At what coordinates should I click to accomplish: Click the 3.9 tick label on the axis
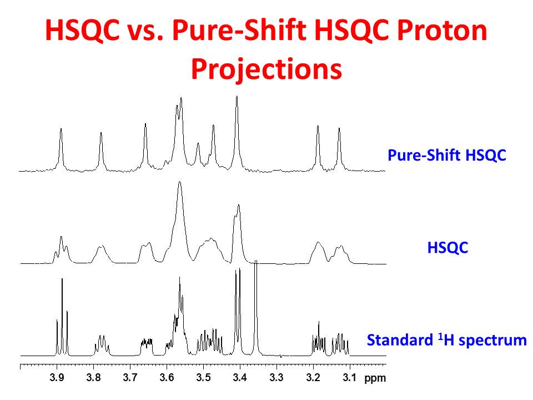pyautogui.click(x=57, y=378)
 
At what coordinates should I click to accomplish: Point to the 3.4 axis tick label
pyautogui.click(x=240, y=378)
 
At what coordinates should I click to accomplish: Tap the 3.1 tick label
pyautogui.click(x=349, y=378)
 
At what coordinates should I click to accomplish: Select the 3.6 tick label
pyautogui.click(x=167, y=378)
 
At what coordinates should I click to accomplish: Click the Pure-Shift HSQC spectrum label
pyautogui.click(x=446, y=155)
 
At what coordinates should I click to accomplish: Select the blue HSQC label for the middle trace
pyautogui.click(x=447, y=247)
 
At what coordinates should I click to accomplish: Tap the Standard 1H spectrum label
pyautogui.click(x=446, y=339)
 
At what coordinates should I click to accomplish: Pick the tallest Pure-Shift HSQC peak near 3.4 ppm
pyautogui.click(x=237, y=98)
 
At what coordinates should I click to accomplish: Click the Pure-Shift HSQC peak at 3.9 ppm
pyautogui.click(x=61, y=130)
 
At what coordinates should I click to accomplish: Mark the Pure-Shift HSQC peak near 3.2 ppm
pyautogui.click(x=318, y=127)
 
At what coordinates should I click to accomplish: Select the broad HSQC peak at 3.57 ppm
pyautogui.click(x=179, y=183)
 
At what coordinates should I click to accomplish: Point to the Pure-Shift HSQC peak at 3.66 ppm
pyautogui.click(x=145, y=125)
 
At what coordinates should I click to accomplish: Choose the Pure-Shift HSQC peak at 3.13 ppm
pyautogui.click(x=339, y=129)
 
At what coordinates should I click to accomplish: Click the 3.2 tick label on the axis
pyautogui.click(x=313, y=378)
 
